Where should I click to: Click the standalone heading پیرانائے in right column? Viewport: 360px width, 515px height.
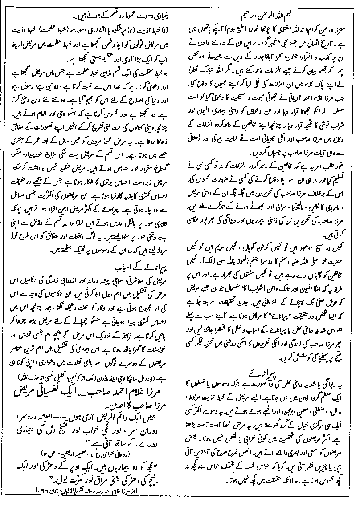pos(267,372)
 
